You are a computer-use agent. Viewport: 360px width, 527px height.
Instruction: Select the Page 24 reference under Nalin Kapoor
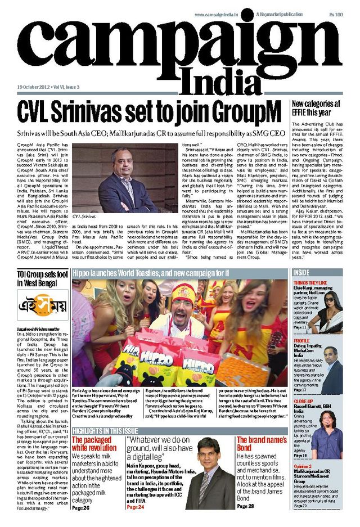pyautogui.click(x=136, y=507)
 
